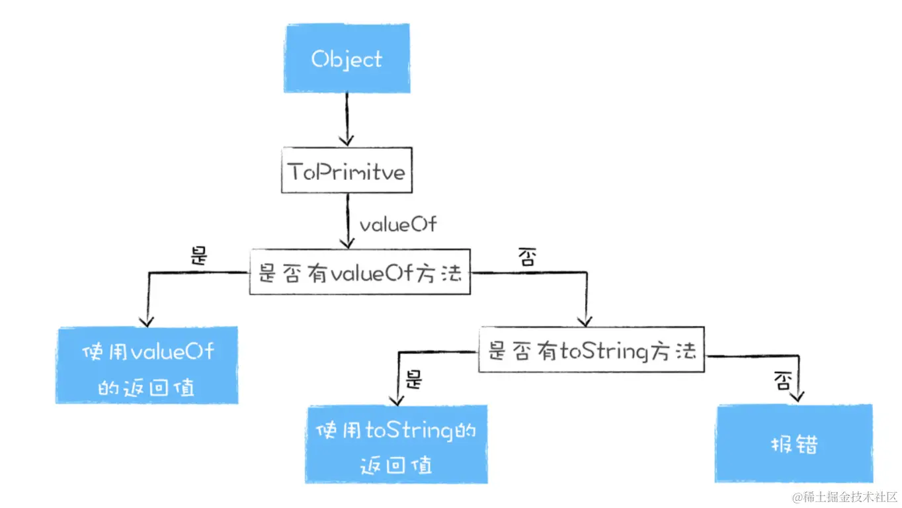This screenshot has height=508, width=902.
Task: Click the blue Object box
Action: click(347, 58)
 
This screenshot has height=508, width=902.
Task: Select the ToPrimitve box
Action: click(347, 170)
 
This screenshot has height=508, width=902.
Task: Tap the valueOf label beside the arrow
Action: click(398, 224)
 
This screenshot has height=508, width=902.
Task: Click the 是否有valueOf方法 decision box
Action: click(360, 272)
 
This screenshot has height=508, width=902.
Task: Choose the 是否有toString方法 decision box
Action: click(592, 349)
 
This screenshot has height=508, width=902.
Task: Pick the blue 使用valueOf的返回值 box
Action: click(147, 365)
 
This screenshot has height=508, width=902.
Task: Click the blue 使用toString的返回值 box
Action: click(397, 444)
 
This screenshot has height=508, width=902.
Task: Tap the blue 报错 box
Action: click(794, 443)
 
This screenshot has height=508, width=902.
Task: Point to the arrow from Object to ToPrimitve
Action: click(347, 119)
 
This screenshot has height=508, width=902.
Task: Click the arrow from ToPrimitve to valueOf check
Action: click(348, 221)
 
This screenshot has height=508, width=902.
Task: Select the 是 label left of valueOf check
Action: click(199, 255)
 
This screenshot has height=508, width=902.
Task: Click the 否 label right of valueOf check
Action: click(528, 257)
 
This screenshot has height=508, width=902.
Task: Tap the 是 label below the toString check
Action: click(413, 380)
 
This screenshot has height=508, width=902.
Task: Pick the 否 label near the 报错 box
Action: click(783, 381)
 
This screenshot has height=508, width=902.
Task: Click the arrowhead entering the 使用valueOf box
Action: click(147, 322)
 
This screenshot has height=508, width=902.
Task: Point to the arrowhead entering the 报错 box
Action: click(798, 396)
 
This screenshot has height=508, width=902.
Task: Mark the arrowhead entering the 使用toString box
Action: click(397, 400)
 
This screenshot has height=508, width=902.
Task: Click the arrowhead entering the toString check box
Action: click(585, 321)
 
